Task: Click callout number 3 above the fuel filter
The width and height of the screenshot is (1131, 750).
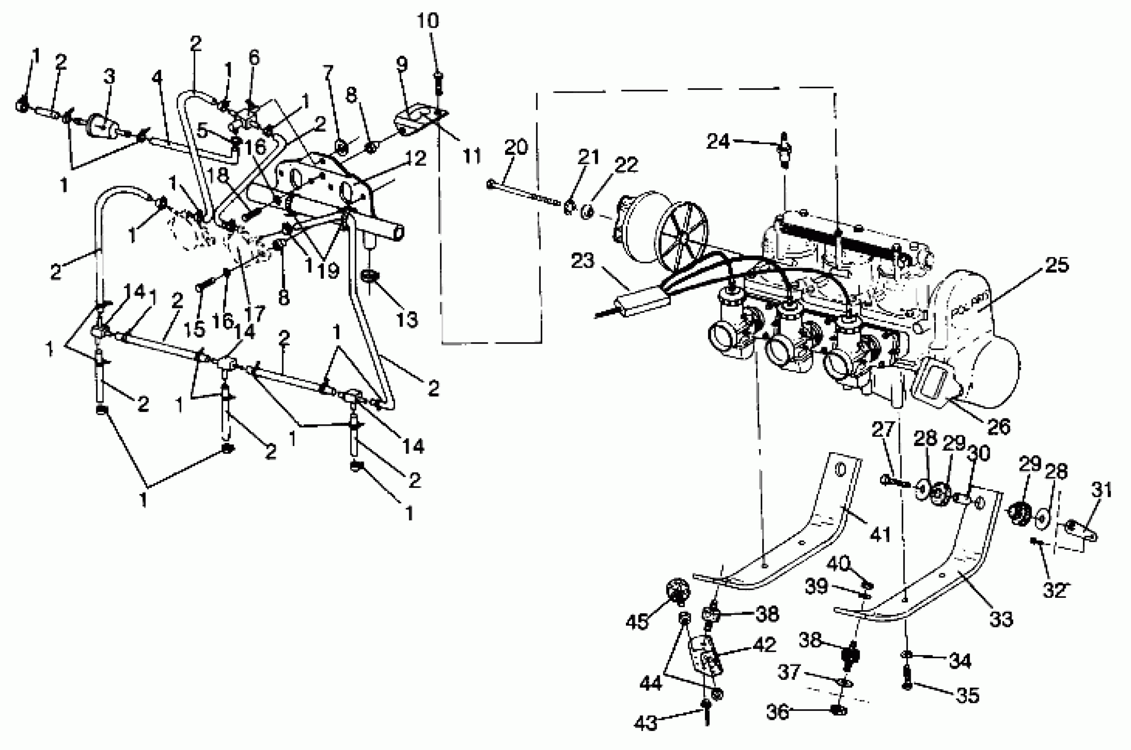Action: [x=109, y=76]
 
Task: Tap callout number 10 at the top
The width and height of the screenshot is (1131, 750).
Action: [x=427, y=22]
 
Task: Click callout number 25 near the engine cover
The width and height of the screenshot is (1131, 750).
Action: [x=1056, y=265]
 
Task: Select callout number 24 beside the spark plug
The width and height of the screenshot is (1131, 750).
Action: [x=718, y=142]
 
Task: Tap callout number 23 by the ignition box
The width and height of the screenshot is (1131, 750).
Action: [x=582, y=261]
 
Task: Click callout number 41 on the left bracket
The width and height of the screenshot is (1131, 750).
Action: [x=880, y=533]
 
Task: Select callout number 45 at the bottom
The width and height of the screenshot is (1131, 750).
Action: [x=637, y=622]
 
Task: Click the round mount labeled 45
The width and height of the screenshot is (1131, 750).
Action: [x=678, y=589]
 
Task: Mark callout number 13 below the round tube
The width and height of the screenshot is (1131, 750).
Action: [x=407, y=319]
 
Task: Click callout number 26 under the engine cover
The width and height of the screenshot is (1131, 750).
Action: [x=999, y=427]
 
